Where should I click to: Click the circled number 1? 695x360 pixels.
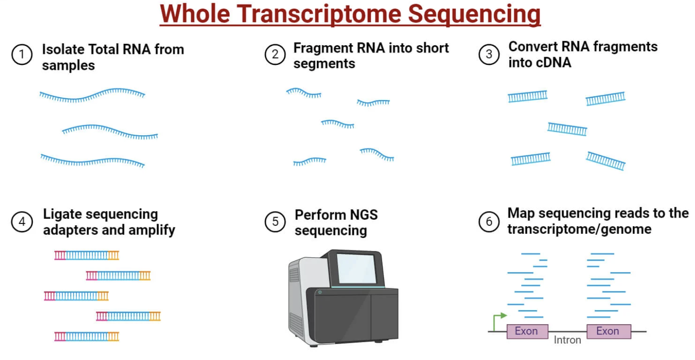pyautogui.click(x=21, y=55)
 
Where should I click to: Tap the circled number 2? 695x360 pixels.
pyautogui.click(x=275, y=55)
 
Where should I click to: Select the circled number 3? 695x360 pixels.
pyautogui.click(x=489, y=54)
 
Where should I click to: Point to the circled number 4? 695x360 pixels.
pyautogui.click(x=22, y=222)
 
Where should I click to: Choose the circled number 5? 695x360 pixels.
pyautogui.click(x=275, y=222)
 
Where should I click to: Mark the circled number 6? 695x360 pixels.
pyautogui.click(x=489, y=222)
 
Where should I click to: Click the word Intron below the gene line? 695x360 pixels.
pyautogui.click(x=567, y=340)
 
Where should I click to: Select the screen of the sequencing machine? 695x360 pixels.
pyautogui.click(x=356, y=268)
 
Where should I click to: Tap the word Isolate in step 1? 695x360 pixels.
pyautogui.click(x=63, y=49)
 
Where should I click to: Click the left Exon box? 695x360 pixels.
pyautogui.click(x=527, y=331)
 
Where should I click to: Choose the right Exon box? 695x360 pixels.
pyautogui.click(x=608, y=331)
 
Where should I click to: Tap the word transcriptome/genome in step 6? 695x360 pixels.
pyautogui.click(x=579, y=229)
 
